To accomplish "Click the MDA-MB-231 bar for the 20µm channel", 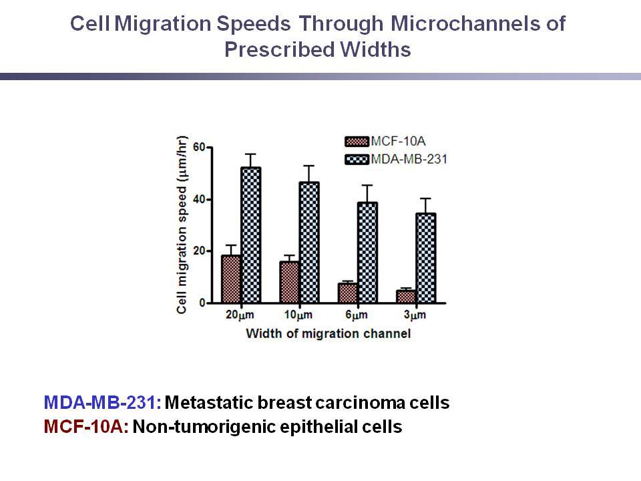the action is tap(251, 235).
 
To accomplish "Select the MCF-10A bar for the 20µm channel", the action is tap(231, 279).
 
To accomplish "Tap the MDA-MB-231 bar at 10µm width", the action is tap(309, 243).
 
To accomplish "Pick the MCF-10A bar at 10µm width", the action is tap(289, 282).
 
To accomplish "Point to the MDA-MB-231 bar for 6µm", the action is tap(367, 253).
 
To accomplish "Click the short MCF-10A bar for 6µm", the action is tap(348, 293).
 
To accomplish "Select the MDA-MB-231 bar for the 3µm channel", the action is tap(426, 258).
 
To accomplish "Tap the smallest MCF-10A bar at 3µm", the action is tap(407, 297).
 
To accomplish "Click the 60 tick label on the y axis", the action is tap(199, 147).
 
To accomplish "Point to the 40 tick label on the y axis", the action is tap(199, 200).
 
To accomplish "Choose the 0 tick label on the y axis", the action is tap(202, 303).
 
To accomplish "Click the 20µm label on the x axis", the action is tap(240, 315).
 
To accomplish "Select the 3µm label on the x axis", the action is tap(415, 315).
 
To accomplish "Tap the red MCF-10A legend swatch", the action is tap(357, 142).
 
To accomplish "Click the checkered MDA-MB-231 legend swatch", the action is tap(357, 159).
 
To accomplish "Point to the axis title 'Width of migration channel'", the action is tap(329, 333).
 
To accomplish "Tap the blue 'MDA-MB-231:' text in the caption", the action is tap(103, 402).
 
